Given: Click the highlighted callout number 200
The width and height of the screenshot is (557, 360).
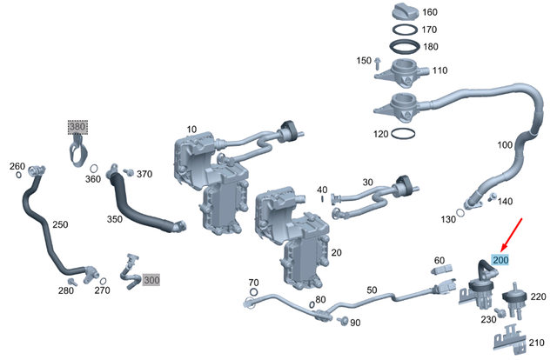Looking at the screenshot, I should pos(501,259).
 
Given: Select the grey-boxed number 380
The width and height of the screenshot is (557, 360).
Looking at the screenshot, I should pos(78,127).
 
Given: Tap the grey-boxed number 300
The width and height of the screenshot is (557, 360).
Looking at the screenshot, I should pos(151,280).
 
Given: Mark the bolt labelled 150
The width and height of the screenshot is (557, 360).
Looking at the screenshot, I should pos(379,62).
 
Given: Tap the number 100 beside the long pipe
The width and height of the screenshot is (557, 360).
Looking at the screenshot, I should pos(506,144).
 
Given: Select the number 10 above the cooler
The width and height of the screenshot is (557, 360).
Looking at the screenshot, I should pos(191,130).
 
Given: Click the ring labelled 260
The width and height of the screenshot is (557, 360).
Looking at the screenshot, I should pos(18,175).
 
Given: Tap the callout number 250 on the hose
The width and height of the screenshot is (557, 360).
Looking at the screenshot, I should pos(60,224).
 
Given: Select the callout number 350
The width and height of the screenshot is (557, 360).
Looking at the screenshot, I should pos(114,219).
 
